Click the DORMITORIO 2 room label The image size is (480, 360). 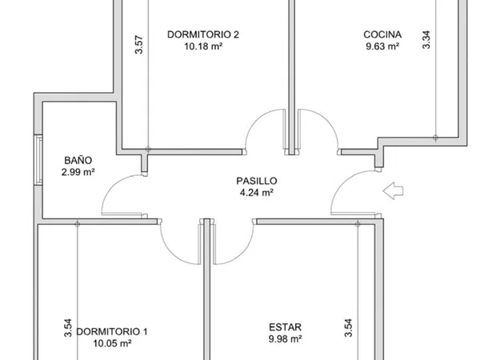click(x=203, y=34)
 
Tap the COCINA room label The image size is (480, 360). click(x=382, y=34)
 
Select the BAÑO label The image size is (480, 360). click(x=78, y=160)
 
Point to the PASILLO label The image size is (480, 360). click(x=257, y=181)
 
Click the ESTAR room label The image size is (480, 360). click(x=285, y=327)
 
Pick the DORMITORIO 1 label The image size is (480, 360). click(x=112, y=331)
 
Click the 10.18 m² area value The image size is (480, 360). click(x=203, y=46)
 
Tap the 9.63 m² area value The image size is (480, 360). click(x=382, y=46)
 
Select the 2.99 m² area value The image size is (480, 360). click(x=78, y=172)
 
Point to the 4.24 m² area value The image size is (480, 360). click(x=257, y=193)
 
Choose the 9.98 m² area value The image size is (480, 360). click(x=286, y=339)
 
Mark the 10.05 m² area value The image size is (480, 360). click(x=112, y=343)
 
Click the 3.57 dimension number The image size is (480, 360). click(x=139, y=45)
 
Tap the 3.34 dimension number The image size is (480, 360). click(x=426, y=40)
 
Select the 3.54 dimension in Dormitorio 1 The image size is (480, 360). click(x=68, y=328)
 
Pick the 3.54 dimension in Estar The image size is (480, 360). click(x=348, y=328)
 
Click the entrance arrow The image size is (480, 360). click(x=393, y=191)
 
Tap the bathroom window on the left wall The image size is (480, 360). click(x=38, y=160)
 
